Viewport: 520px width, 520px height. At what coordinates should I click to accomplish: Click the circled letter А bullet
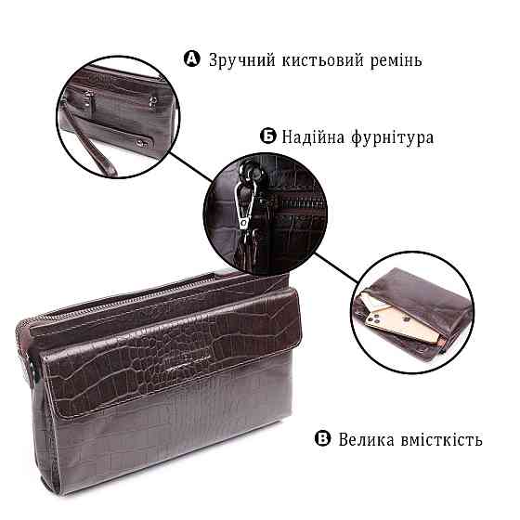[x=192, y=60]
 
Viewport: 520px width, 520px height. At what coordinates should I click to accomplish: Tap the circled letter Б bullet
[x=267, y=137]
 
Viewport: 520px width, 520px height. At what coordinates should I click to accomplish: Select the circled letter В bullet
[x=322, y=439]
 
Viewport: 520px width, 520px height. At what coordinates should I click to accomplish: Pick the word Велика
[x=367, y=439]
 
